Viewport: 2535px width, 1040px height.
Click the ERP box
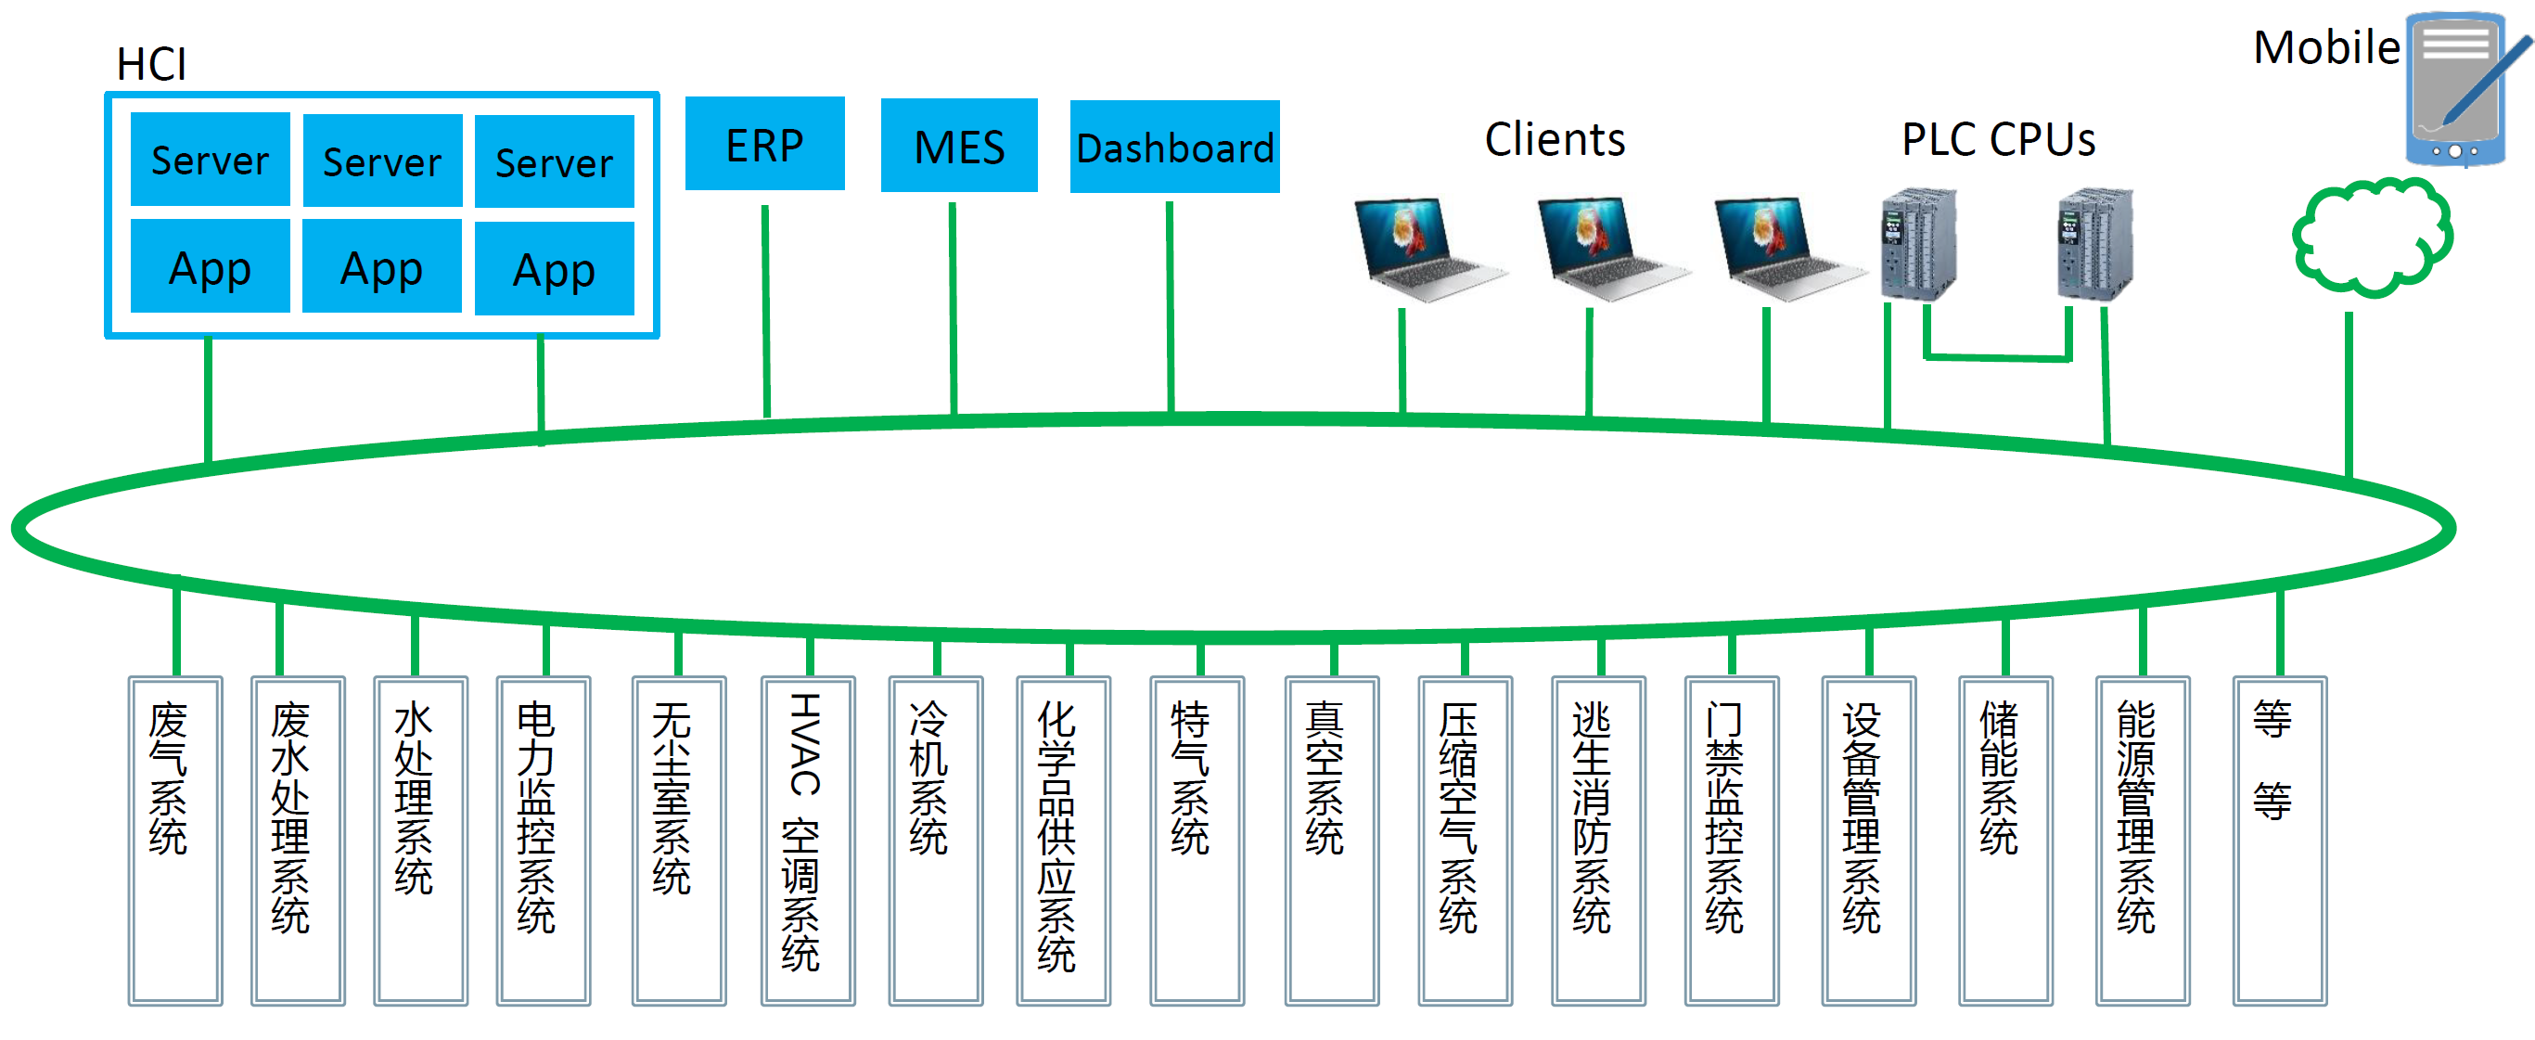point(764,144)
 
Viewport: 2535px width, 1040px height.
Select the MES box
point(958,146)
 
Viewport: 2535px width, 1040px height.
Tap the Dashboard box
point(1174,147)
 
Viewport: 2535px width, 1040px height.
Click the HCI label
point(150,65)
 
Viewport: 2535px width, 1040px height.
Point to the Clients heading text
point(1554,140)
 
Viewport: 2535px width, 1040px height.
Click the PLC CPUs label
point(1998,140)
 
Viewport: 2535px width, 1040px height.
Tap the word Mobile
point(2325,47)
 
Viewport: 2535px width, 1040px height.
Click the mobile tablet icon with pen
point(2460,88)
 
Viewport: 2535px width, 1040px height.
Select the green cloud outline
point(2372,238)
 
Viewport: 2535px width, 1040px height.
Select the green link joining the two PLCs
point(1998,357)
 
